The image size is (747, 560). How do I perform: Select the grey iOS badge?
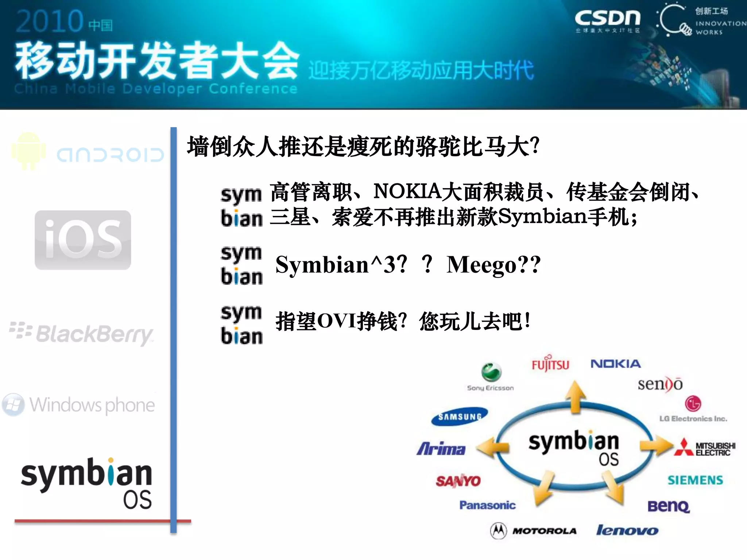point(83,240)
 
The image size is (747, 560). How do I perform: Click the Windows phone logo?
point(79,405)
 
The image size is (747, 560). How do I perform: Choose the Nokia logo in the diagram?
point(615,363)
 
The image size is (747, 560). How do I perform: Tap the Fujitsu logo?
point(550,364)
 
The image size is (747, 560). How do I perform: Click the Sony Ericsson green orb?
point(491,372)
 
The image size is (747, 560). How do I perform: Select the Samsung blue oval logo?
point(460,416)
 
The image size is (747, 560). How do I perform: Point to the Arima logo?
point(441,449)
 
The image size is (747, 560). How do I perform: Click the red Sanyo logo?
point(458,481)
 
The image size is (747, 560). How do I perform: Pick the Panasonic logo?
point(487,505)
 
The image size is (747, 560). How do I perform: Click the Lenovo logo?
point(627,530)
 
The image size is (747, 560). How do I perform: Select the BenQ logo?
point(668,506)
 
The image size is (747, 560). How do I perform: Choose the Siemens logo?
point(695,480)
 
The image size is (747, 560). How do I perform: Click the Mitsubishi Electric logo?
point(705,448)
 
